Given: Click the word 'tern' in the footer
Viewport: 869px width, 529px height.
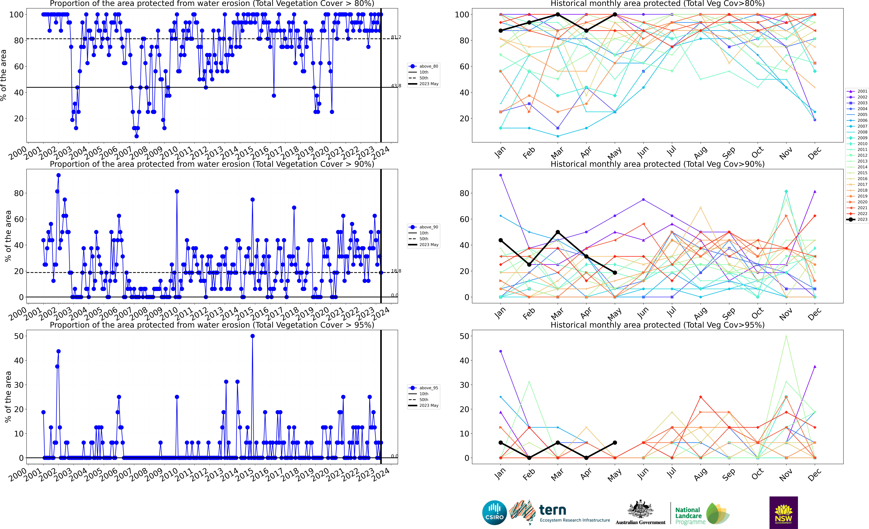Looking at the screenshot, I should click(x=553, y=510).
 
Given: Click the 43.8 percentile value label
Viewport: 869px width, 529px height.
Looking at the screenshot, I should click(x=396, y=86).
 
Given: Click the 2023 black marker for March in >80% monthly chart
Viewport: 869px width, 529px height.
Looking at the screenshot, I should click(x=558, y=14).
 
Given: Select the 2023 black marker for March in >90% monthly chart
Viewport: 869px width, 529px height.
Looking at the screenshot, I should click(x=558, y=232).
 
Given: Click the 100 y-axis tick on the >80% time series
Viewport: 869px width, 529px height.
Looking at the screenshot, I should click(x=16, y=14).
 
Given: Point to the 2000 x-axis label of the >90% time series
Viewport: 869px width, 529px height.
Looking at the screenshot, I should click(x=18, y=314).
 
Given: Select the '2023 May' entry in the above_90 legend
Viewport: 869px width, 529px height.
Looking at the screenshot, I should click(x=429, y=245).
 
